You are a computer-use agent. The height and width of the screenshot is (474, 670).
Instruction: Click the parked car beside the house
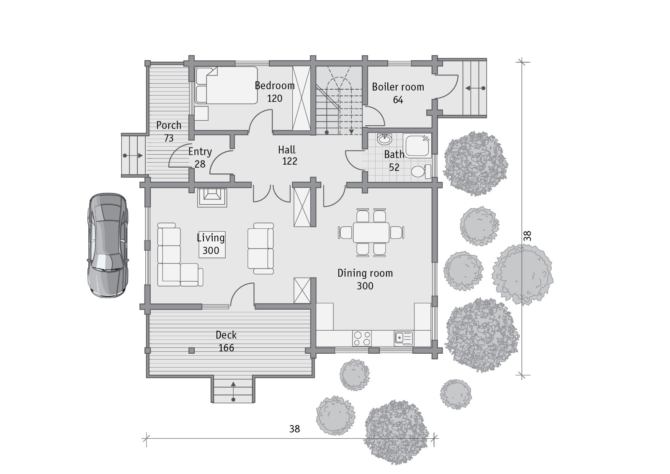108,245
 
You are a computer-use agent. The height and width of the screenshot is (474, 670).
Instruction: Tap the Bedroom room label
275,85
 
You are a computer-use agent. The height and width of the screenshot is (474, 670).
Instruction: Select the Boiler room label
398,87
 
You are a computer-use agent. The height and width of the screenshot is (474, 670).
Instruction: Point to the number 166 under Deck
226,347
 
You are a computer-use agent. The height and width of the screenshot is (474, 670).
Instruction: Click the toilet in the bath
421,171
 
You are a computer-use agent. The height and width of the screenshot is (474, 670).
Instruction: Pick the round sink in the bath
385,139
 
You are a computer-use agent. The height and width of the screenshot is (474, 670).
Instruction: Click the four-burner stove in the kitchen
362,338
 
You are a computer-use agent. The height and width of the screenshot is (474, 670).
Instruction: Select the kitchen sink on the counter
404,338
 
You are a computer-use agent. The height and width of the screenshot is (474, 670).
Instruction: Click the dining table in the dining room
371,232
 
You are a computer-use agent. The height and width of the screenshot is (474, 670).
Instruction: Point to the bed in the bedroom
226,85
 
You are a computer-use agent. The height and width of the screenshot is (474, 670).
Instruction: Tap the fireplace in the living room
212,197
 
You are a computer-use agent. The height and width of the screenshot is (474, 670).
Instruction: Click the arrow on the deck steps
233,391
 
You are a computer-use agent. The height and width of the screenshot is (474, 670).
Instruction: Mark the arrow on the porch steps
133,156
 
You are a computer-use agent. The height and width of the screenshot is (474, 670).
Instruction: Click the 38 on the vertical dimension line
528,236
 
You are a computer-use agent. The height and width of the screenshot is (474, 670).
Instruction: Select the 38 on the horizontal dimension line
295,429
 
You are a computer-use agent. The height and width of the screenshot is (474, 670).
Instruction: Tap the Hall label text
286,150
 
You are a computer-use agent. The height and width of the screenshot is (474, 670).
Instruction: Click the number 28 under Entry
200,164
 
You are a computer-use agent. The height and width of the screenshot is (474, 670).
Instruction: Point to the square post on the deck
192,350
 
